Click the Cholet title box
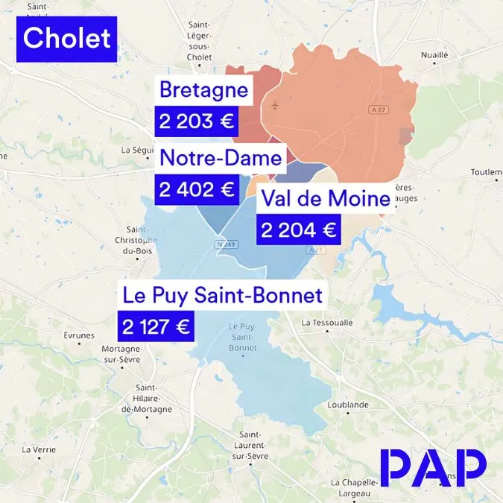coord(67,38)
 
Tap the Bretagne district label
coord(203,92)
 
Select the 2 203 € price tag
coord(196,121)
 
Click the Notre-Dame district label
coord(221,158)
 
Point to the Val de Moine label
coord(325,199)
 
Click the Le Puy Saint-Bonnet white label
coord(223,296)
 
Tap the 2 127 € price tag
coord(156,326)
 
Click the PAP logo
coord(432,467)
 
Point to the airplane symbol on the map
coord(277,104)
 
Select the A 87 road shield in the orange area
coord(379,110)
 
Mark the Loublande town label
coord(348,405)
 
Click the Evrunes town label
coord(79,335)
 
